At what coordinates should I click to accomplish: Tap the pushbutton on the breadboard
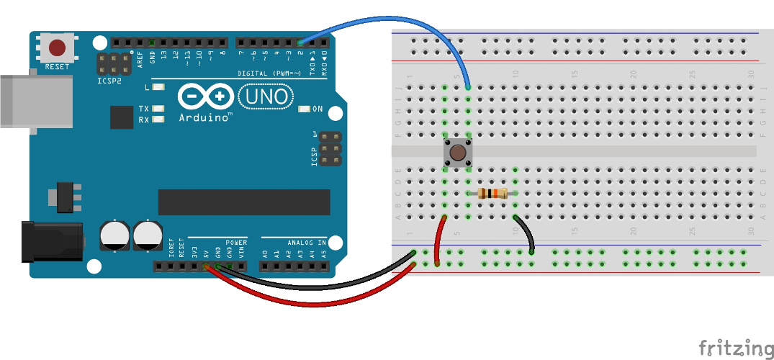tap(456, 153)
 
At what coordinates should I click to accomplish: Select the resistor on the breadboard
tap(492, 193)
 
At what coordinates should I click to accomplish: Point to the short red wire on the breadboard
tap(438, 238)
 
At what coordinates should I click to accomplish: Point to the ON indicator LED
tap(305, 109)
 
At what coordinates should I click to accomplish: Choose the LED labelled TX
tap(158, 109)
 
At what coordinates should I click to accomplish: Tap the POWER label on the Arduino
tap(235, 243)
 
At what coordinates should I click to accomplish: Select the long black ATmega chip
tap(243, 202)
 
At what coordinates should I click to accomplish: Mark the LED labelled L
tap(158, 87)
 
